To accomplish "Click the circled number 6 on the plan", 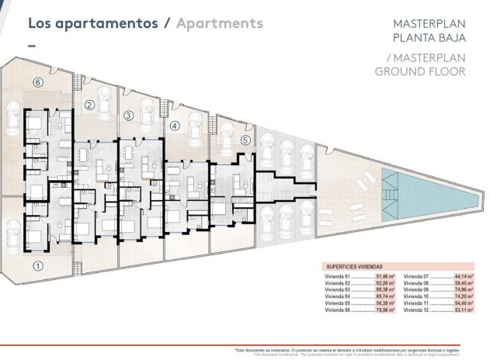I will pos(37,81).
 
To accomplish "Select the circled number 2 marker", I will pos(89,106).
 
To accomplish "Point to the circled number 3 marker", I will pos(129,116).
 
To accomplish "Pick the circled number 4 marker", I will pos(175,126).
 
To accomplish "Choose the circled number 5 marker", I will pos(245,140).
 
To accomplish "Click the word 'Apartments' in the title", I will pos(220,23).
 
